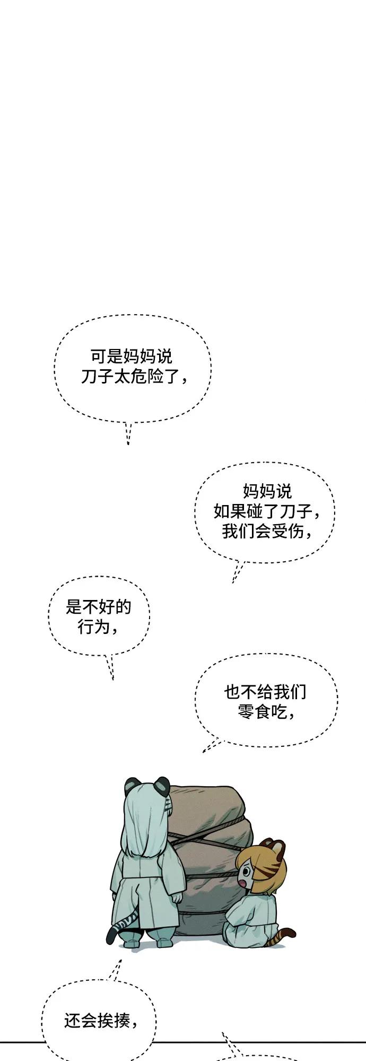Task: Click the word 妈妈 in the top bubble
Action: pos(140,355)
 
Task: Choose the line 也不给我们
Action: pos(265,691)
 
